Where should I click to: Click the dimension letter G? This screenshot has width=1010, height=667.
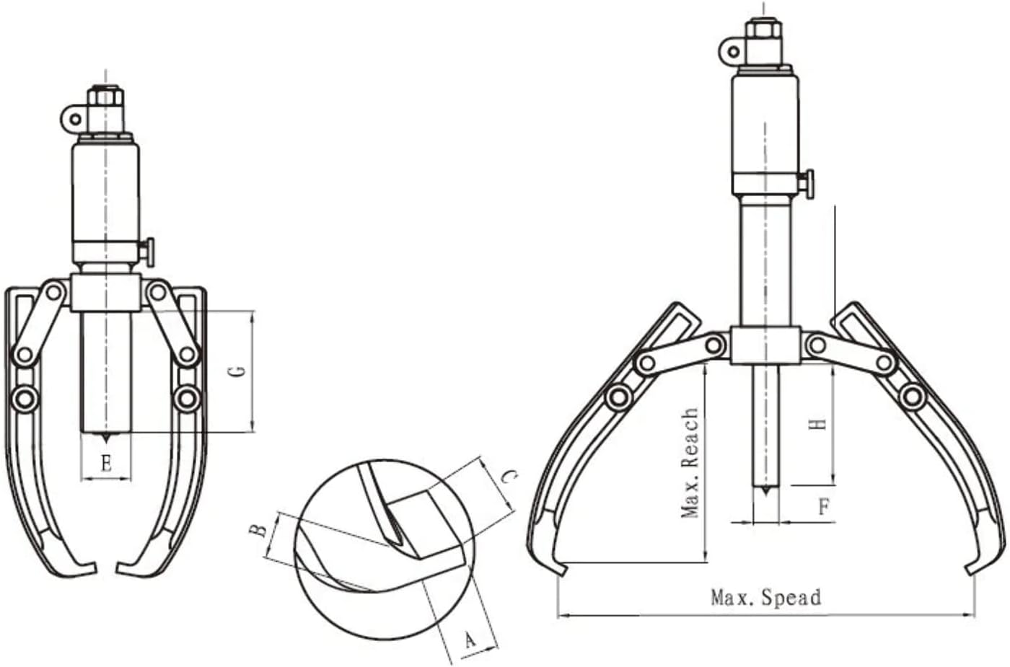pos(241,372)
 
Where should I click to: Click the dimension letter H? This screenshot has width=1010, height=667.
pos(818,424)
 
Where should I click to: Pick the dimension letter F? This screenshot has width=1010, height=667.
pos(824,506)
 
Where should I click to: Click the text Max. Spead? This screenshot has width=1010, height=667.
pos(765,598)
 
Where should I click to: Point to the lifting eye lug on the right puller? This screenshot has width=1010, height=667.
pos(732,51)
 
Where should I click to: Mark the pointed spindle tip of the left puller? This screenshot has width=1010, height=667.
pos(106,438)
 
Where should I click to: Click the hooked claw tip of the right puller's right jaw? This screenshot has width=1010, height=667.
pos(969,570)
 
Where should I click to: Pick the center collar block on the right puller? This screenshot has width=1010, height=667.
pos(765,345)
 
